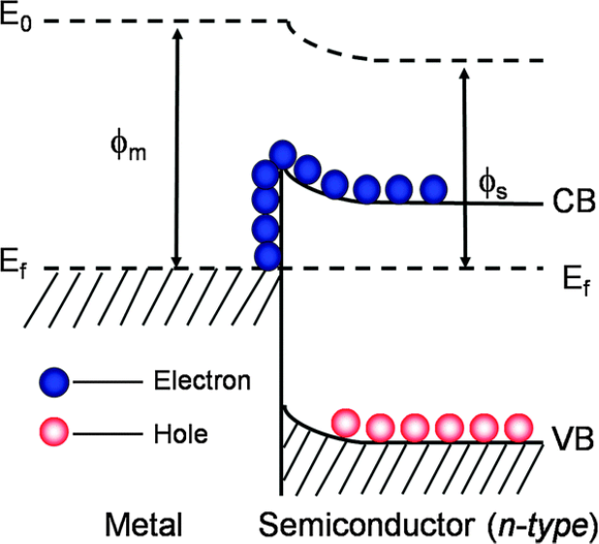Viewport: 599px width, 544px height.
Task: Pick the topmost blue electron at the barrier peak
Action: coord(283,153)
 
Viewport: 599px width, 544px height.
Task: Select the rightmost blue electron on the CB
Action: coord(431,188)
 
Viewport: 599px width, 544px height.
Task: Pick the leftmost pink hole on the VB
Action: coord(346,423)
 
